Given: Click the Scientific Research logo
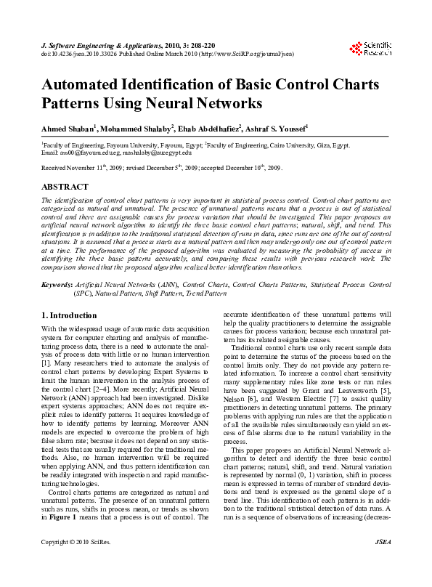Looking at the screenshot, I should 370,49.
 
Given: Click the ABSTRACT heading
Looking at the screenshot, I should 65,187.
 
